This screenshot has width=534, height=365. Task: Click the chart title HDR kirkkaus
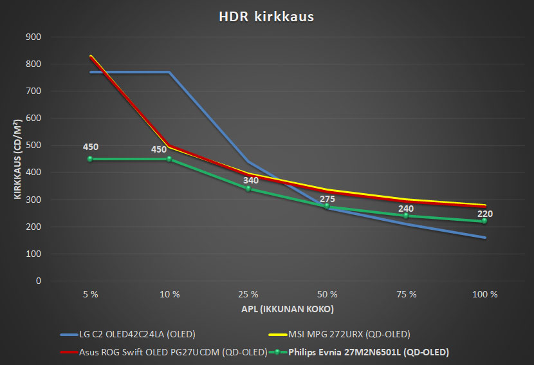point(266,17)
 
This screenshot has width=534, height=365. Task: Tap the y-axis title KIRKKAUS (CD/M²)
point(19,158)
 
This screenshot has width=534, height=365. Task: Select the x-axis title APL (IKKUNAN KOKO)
point(288,309)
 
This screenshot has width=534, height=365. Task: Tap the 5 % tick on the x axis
point(90,294)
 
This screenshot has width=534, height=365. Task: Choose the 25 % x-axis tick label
point(248,294)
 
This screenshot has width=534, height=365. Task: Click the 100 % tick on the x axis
point(485,294)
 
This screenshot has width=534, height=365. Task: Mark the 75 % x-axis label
point(406,294)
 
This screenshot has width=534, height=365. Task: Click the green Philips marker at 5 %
point(90,159)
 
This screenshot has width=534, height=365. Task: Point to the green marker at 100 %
point(485,221)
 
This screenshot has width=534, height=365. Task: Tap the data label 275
point(327,199)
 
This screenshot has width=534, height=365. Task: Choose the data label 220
point(485,213)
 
